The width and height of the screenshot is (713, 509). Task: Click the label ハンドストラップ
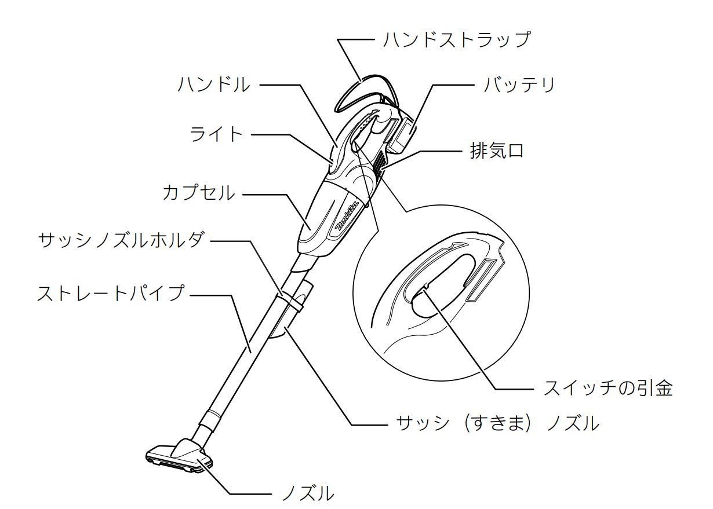tap(457, 40)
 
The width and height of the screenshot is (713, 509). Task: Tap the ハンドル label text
tap(214, 85)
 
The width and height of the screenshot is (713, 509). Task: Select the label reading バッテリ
tap(519, 85)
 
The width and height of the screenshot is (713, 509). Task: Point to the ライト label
tap(216, 134)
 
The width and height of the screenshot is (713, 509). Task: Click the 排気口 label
tap(497, 151)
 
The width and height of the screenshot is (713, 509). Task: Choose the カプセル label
tap(199, 193)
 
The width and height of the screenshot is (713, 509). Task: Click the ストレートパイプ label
tap(111, 293)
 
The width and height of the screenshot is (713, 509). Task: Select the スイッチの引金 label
tap(608, 388)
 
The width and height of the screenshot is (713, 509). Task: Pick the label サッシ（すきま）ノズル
tap(497, 423)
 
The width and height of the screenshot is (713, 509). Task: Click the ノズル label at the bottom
tap(308, 493)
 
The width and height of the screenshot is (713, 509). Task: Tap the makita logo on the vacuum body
tap(350, 216)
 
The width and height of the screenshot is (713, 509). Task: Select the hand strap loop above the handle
tap(366, 92)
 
